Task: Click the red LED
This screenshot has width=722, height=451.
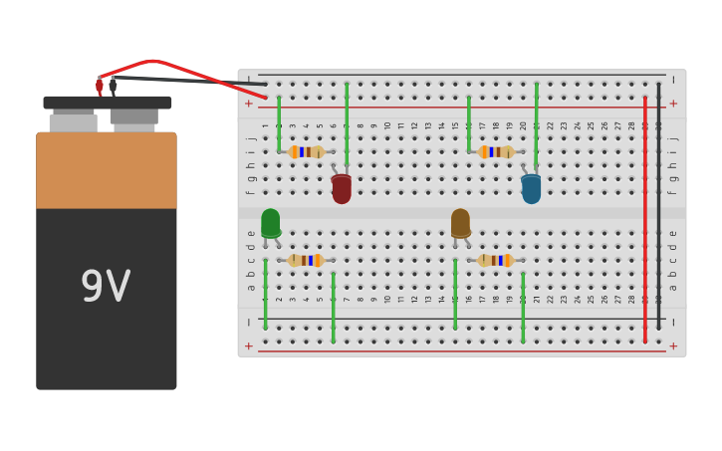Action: pos(342,188)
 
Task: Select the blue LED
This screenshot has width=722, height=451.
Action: pos(531,189)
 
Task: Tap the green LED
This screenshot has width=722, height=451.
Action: pos(271,223)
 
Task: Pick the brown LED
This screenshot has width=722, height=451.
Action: pos(460,223)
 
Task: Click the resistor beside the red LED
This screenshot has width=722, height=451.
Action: pos(306,152)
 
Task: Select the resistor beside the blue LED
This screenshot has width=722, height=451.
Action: pos(496,152)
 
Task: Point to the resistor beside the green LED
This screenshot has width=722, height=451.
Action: pos(306,261)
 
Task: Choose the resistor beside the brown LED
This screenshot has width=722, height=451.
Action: pos(495,261)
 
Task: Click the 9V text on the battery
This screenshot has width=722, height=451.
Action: pos(106,288)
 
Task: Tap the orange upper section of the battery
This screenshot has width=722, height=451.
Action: pos(107,170)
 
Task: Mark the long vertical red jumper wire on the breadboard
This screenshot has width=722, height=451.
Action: pos(645,219)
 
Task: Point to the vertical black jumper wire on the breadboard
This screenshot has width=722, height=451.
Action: pos(658,219)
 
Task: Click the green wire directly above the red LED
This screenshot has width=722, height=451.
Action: pos(347,124)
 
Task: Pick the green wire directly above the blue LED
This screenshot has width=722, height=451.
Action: pos(536,124)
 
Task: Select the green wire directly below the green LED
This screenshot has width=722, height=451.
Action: pos(266,294)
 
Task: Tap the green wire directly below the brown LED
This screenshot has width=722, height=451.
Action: pos(455,294)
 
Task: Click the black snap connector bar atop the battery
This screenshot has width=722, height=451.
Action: pos(107,102)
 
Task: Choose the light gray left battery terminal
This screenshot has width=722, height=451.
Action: pos(73,122)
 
